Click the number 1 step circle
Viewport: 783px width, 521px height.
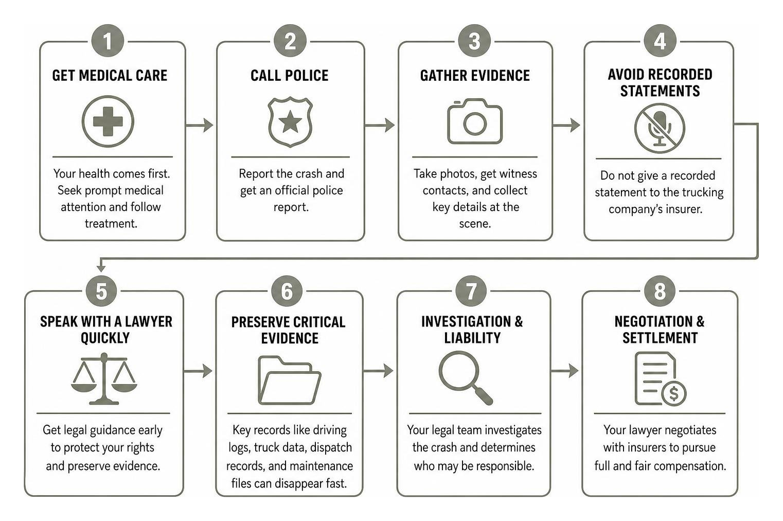[108, 41]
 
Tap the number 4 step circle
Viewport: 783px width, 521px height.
[660, 41]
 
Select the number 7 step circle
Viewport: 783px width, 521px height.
[471, 291]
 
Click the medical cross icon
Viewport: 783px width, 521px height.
[108, 121]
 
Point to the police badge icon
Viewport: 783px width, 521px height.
[290, 122]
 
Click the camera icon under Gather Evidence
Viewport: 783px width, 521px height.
[475, 121]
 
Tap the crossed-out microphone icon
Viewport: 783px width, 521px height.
[660, 128]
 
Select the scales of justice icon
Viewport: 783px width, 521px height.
[104, 378]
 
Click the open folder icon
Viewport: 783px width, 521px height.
[289, 380]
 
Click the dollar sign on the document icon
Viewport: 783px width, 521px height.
[674, 393]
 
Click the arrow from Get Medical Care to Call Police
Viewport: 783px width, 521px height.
[199, 125]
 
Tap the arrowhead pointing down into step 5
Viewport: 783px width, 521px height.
[101, 268]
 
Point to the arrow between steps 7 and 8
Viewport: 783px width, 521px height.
[564, 371]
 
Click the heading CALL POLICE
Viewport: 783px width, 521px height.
[290, 76]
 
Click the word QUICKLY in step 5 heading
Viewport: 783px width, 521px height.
[105, 338]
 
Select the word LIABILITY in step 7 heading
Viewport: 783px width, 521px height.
[472, 338]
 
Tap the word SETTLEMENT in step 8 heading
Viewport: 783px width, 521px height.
[660, 338]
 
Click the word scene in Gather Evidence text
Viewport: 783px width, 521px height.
[475, 223]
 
